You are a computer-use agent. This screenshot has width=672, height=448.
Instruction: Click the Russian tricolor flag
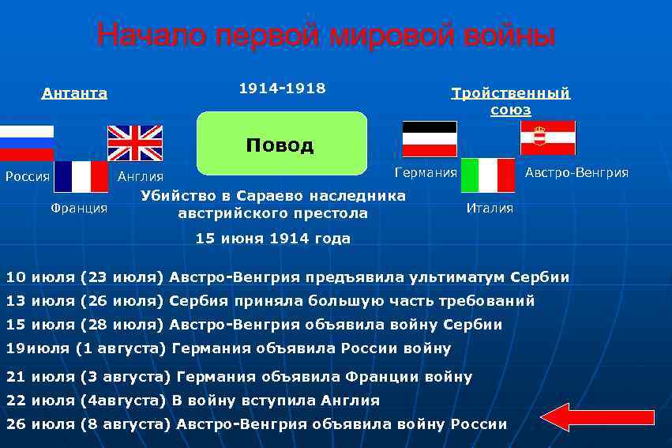point(26,142)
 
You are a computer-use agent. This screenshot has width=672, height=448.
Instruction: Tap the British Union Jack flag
point(134,143)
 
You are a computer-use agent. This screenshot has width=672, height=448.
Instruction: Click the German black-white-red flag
point(430,139)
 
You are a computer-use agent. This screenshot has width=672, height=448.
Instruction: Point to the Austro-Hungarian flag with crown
point(548,137)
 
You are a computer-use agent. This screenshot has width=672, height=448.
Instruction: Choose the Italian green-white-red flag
point(488,175)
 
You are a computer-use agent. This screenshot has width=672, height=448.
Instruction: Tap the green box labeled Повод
point(281,143)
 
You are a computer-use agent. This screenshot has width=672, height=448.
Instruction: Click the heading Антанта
point(74,93)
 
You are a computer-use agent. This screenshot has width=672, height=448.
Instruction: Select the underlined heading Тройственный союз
point(510,101)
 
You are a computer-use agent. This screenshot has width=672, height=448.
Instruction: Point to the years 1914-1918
point(282,88)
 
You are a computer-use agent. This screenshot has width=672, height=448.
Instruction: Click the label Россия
point(28,176)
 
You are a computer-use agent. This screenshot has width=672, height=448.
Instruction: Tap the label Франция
point(79,208)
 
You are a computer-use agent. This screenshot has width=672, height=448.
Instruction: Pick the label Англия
point(140,176)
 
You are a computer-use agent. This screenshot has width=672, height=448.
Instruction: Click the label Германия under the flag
point(426,172)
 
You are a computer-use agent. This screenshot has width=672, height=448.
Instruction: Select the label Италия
point(490,208)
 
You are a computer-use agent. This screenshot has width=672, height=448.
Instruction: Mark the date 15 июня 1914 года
point(273,238)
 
